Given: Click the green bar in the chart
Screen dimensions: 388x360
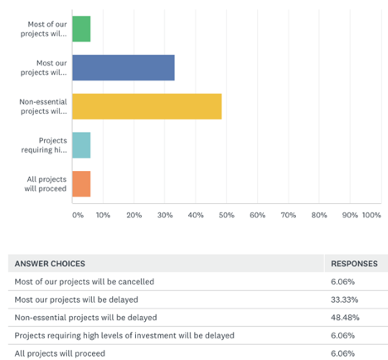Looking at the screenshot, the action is click(81, 29).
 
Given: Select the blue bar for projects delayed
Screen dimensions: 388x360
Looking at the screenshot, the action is click(124, 67).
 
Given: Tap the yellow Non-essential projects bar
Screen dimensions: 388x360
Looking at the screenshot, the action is click(147, 106).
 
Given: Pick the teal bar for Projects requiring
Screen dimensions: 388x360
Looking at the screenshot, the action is click(81, 145).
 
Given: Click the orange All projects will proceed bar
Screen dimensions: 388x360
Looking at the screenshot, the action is click(81, 184).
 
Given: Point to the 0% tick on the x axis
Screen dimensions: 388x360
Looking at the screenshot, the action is click(78, 215).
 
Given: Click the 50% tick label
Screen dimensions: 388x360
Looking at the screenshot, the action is click(226, 215).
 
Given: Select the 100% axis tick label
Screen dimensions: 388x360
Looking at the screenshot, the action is click(371, 215).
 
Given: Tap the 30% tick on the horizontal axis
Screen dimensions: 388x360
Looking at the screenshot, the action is click(165, 215).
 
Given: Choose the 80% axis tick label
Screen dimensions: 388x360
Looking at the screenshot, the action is click(319, 215).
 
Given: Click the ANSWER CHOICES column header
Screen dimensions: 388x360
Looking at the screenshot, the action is click(50, 264).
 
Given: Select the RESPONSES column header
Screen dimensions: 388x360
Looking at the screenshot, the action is click(354, 264).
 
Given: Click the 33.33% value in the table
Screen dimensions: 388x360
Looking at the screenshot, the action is click(344, 299).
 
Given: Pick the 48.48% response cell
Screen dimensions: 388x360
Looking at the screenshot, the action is click(345, 318).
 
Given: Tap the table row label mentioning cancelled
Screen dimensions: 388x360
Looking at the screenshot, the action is click(85, 281).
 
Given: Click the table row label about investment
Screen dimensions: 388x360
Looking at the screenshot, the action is click(124, 335).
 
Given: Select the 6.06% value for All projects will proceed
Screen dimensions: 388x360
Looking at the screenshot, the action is click(342, 353).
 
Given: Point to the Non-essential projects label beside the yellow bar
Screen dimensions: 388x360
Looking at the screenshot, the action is click(43, 106).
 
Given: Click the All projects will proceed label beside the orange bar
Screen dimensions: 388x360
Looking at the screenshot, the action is click(46, 184).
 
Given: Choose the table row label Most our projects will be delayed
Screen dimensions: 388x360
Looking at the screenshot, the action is click(76, 299).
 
